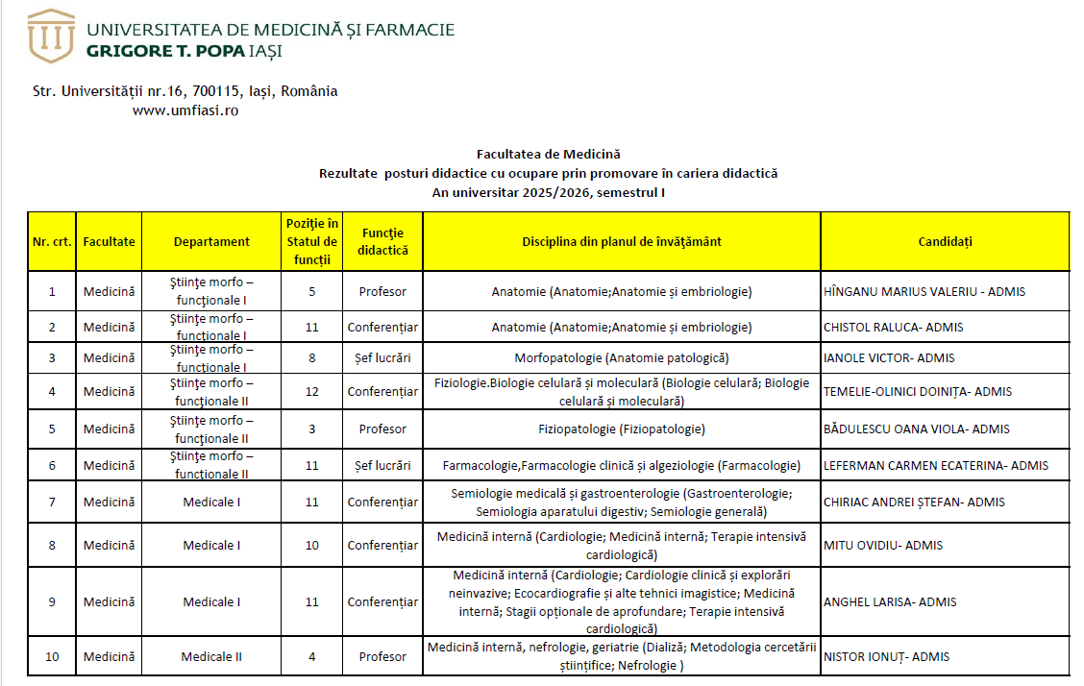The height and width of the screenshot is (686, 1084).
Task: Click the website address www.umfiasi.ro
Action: tap(185, 110)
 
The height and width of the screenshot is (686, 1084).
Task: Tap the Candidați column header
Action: tap(945, 241)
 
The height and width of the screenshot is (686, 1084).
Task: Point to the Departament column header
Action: tap(211, 241)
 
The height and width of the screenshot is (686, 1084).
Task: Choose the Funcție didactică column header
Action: tap(382, 241)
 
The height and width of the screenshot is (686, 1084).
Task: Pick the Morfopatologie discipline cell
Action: tap(621, 358)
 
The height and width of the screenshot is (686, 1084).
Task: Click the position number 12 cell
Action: tap(312, 391)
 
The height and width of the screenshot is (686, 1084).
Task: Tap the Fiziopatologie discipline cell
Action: tap(621, 429)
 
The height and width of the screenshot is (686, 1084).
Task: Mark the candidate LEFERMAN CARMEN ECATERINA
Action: tap(935, 465)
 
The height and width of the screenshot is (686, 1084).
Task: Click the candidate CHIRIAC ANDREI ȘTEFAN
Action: tap(914, 502)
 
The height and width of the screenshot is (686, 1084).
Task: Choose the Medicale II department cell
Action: tap(211, 656)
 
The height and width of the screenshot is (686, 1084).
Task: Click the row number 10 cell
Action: tap(52, 656)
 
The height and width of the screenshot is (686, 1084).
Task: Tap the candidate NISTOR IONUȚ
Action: tap(886, 656)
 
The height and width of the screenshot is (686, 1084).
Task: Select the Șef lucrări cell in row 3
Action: tap(382, 358)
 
